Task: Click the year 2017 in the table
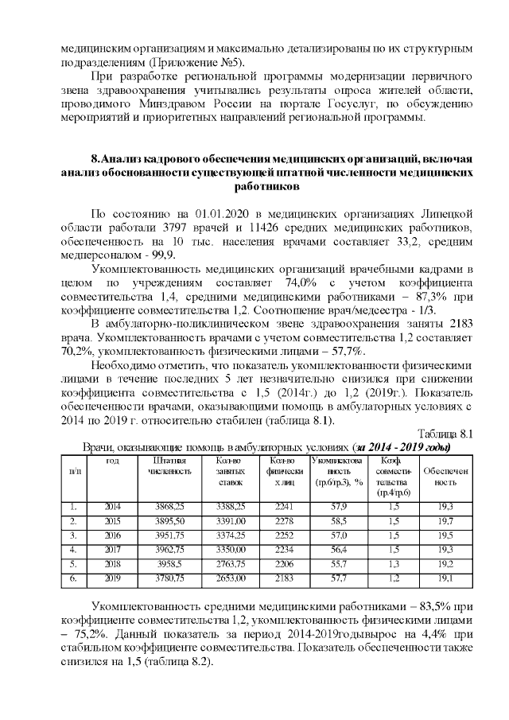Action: coord(113,549)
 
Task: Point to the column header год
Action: coord(113,461)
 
